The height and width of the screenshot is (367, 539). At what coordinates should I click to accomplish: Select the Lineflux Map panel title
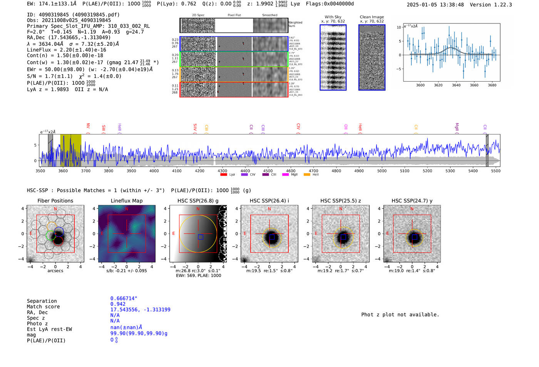click(126, 201)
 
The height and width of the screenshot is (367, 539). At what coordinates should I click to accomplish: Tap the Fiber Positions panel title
click(55, 201)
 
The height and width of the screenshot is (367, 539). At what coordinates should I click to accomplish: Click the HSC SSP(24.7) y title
click(412, 201)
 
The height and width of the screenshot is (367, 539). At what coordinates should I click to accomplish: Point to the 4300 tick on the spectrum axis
click(222, 171)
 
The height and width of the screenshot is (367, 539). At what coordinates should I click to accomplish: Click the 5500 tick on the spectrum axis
click(495, 171)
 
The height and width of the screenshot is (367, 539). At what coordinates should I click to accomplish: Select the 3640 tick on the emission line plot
click(456, 85)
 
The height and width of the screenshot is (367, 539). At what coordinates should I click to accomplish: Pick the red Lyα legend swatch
click(223, 174)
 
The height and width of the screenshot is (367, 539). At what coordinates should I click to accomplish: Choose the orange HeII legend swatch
click(307, 174)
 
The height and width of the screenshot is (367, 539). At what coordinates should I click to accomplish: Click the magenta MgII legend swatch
click(285, 174)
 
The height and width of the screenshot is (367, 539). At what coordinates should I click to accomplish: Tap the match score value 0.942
click(118, 304)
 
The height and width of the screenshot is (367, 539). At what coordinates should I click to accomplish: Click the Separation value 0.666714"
click(124, 298)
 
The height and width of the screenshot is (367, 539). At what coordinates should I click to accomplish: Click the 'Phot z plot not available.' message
click(400, 315)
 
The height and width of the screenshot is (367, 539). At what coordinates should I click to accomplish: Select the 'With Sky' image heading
click(333, 17)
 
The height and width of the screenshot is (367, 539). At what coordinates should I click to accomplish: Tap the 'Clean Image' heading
click(372, 17)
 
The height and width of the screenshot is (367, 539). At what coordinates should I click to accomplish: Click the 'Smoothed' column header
click(269, 15)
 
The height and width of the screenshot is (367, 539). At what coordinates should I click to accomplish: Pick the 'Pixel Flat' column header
click(234, 15)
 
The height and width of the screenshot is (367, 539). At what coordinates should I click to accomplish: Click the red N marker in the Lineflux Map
click(127, 209)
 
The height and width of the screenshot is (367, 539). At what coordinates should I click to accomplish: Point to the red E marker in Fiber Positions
click(31, 233)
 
